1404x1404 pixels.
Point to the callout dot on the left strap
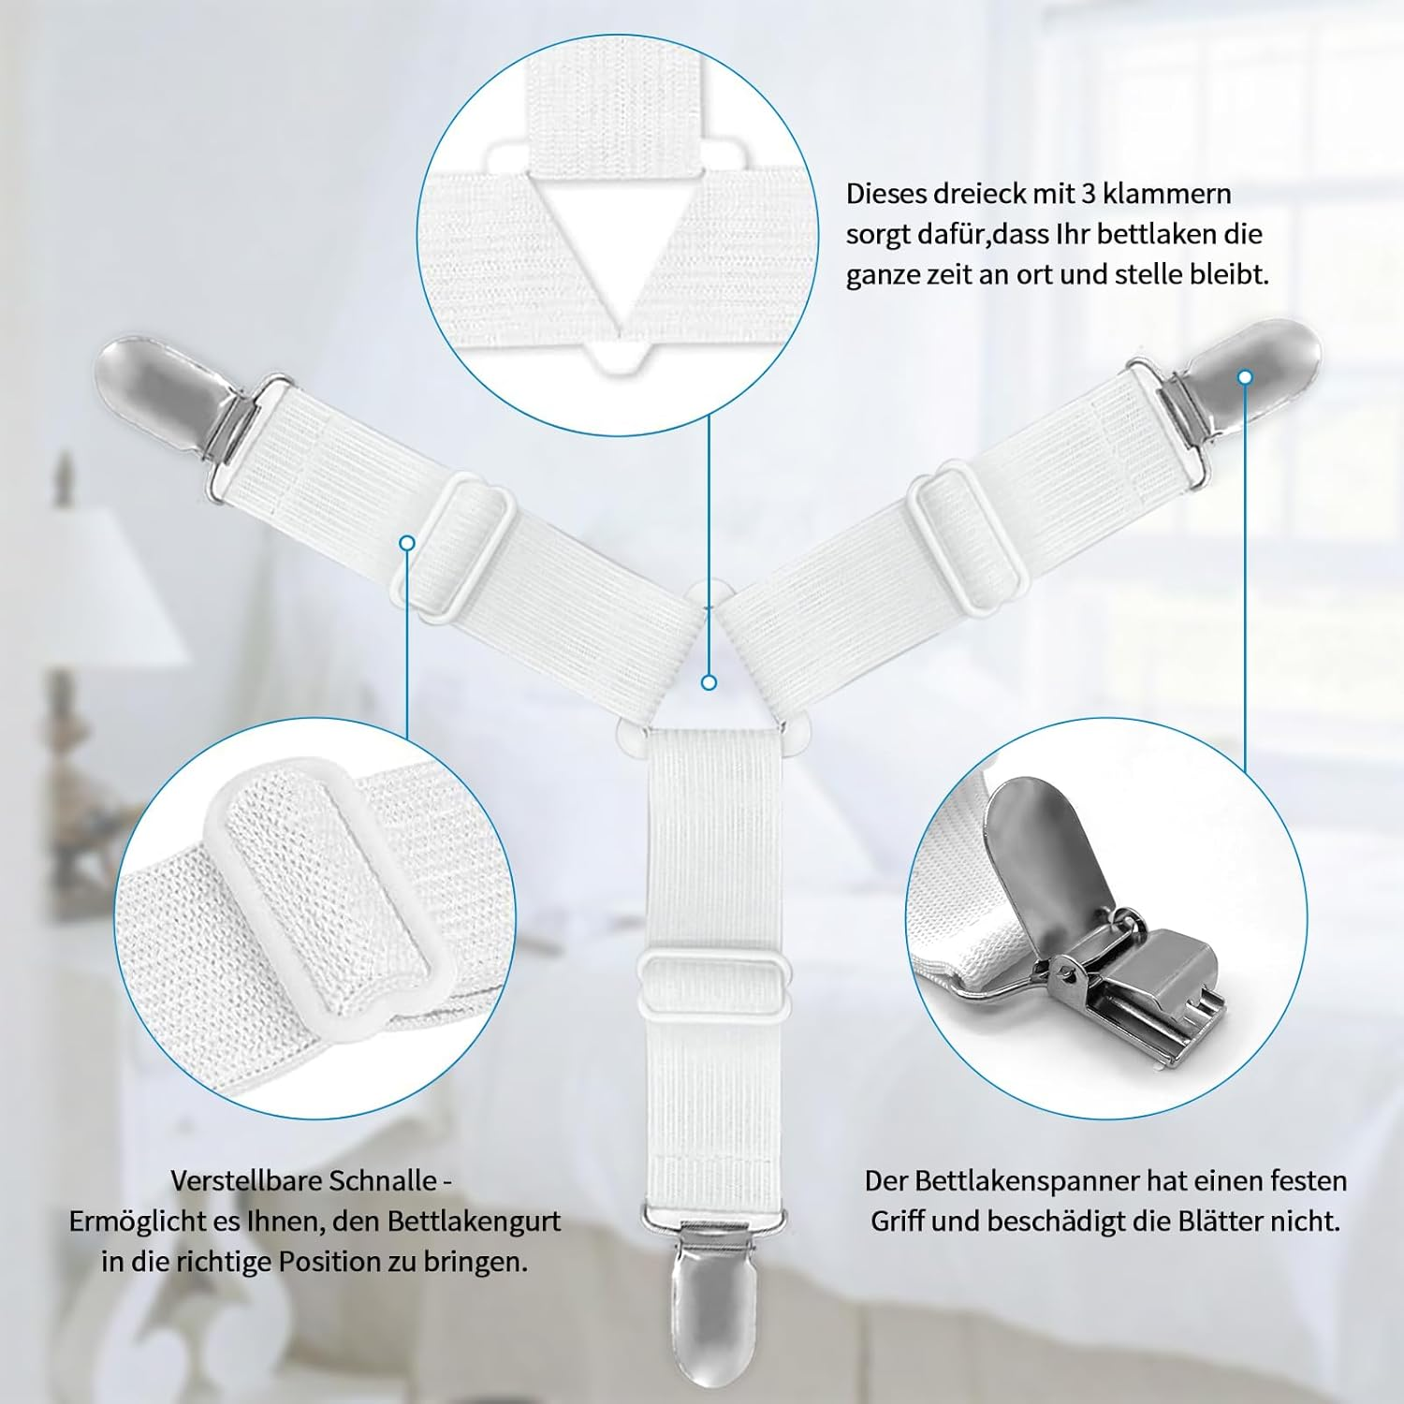click(406, 543)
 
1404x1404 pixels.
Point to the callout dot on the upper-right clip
click(1245, 377)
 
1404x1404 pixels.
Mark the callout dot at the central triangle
click(709, 682)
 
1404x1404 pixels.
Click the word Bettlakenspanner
click(1020, 1181)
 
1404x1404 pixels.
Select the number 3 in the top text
click(1088, 194)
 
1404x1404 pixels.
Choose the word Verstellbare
click(237, 1180)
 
